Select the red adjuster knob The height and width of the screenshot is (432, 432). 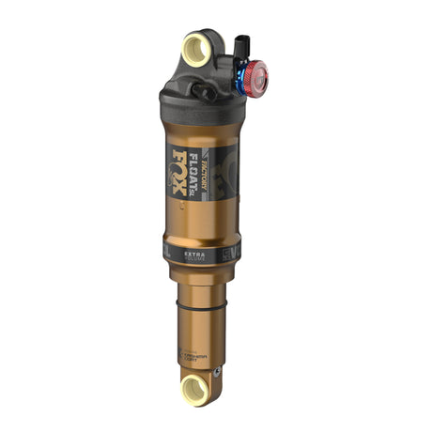click(255, 80)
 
